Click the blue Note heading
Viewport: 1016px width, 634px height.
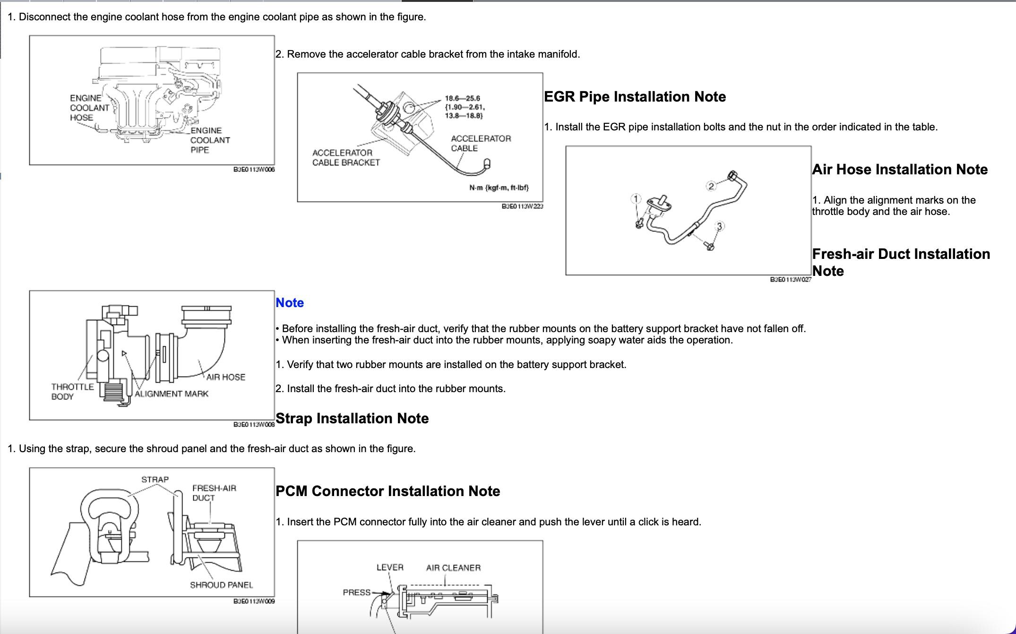[289, 303]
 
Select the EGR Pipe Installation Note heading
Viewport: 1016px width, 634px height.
[635, 97]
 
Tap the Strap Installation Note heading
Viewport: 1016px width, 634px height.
[352, 419]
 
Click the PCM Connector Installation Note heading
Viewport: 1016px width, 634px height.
[387, 491]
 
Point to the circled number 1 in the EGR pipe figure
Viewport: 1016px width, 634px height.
[636, 199]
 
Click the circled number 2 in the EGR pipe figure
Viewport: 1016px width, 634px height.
[711, 186]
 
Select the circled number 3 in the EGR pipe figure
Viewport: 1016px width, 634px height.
[719, 226]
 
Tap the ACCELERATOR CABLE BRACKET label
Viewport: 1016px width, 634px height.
[346, 158]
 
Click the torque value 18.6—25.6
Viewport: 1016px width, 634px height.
[462, 98]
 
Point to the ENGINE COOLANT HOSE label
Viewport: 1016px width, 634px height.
[89, 108]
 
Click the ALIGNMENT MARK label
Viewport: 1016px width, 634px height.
[171, 394]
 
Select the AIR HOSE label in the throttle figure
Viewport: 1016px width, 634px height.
[226, 377]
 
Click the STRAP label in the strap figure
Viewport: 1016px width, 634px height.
[155, 480]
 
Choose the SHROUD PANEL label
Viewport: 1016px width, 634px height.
[221, 585]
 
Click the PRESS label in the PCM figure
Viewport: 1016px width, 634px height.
[356, 592]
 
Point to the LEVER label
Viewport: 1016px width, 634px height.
[390, 567]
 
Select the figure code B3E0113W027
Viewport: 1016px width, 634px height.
[790, 280]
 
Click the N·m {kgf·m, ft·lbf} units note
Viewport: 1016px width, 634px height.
[499, 188]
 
